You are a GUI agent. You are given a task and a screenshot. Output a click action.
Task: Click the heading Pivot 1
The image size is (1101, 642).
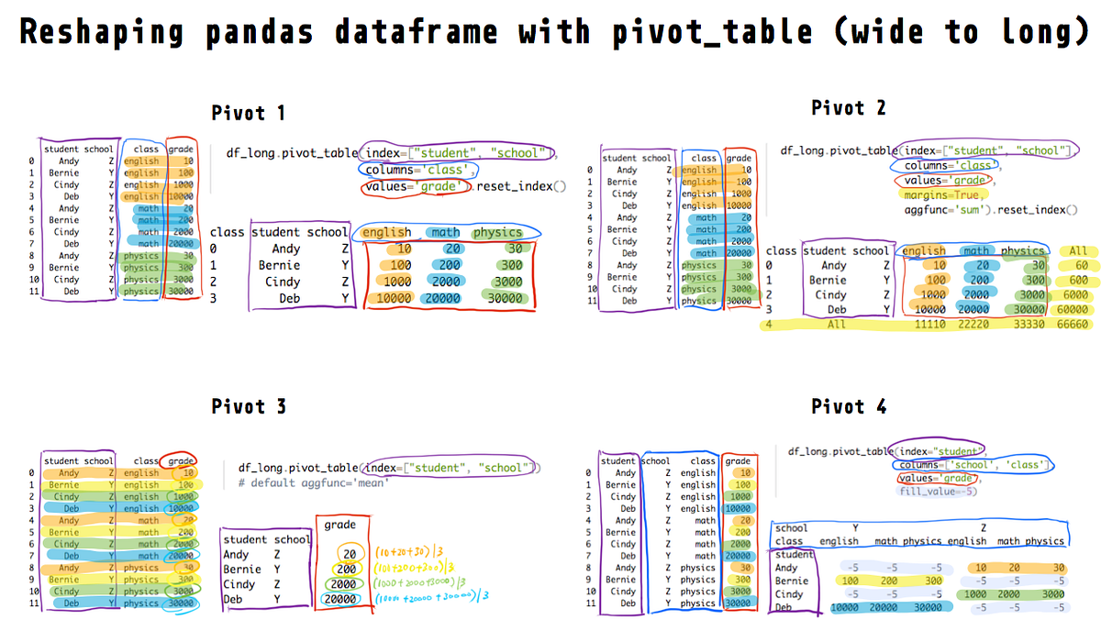coord(248,113)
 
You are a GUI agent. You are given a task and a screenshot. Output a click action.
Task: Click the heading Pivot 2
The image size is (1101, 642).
coord(849,107)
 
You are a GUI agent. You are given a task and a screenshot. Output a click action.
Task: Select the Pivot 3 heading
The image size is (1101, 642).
coord(248,406)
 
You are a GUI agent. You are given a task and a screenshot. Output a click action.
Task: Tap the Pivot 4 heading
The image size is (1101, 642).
coord(849,406)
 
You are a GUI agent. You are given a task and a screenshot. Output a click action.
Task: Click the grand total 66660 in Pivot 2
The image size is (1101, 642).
coord(1073,325)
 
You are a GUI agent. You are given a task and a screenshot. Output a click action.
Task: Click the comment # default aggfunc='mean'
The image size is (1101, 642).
coord(313,482)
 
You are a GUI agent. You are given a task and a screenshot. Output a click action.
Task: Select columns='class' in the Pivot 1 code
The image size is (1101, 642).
coord(420,170)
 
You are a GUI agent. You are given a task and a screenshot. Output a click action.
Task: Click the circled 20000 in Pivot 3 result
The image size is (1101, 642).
coord(341,600)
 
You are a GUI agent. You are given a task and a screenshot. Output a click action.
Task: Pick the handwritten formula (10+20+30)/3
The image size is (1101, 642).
coord(409,552)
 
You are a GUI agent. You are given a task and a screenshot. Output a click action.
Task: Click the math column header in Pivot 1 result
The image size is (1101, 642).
coord(445,232)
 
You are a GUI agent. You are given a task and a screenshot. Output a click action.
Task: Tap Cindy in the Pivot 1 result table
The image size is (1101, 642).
coord(283,282)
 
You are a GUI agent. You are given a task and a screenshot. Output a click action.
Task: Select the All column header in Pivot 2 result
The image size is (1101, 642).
coord(1077,250)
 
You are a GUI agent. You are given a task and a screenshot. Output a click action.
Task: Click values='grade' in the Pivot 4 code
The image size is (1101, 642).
coord(940,478)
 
